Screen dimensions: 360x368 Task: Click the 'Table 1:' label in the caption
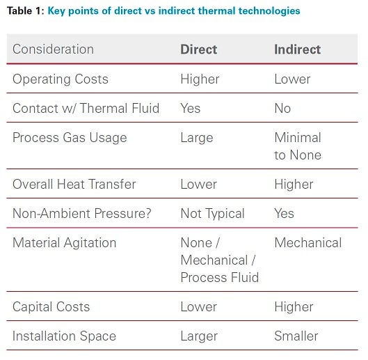click(25, 11)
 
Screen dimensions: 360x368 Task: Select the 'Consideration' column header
click(53, 49)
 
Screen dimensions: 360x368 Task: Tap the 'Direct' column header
click(199, 49)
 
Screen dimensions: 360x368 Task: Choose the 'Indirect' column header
click(298, 49)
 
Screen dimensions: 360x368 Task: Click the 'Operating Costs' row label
click(61, 79)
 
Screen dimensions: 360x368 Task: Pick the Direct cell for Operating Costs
click(200, 79)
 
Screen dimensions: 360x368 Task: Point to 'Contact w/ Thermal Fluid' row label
click(86, 108)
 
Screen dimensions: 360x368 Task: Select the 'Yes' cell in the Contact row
click(191, 108)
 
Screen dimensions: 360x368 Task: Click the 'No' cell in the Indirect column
click(282, 108)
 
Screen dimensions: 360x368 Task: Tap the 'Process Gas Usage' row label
click(70, 137)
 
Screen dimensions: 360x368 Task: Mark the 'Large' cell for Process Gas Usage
click(197, 137)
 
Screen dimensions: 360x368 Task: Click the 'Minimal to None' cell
click(298, 146)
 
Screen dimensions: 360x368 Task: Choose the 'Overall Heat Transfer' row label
click(74, 184)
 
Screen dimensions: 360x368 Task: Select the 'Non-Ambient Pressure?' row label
click(81, 213)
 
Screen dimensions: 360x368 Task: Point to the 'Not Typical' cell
click(212, 213)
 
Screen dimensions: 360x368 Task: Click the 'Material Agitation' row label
click(65, 242)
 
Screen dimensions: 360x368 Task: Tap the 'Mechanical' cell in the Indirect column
click(308, 242)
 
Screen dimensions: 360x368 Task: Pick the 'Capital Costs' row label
click(51, 306)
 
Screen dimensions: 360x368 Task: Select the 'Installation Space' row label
click(65, 336)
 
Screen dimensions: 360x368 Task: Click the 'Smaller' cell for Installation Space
click(296, 336)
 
